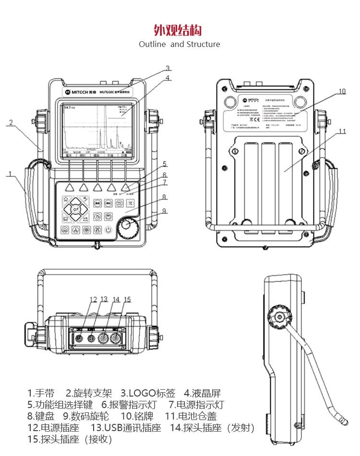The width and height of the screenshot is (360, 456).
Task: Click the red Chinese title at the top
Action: pyautogui.click(x=178, y=31)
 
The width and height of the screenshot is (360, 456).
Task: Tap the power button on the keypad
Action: pyautogui.click(x=109, y=230)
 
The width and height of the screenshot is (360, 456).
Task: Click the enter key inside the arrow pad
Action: pyautogui.click(x=75, y=209)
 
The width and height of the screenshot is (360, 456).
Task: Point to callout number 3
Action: pyautogui.click(x=168, y=68)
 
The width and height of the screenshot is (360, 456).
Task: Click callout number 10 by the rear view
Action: pyautogui.click(x=342, y=91)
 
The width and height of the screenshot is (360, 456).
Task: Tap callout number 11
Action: pyautogui.click(x=342, y=131)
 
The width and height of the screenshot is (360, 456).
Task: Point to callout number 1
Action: pyautogui.click(x=9, y=174)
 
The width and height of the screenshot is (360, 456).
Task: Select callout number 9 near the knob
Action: pyautogui.click(x=164, y=210)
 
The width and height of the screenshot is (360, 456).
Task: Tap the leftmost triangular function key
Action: pyautogui.click(x=70, y=187)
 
